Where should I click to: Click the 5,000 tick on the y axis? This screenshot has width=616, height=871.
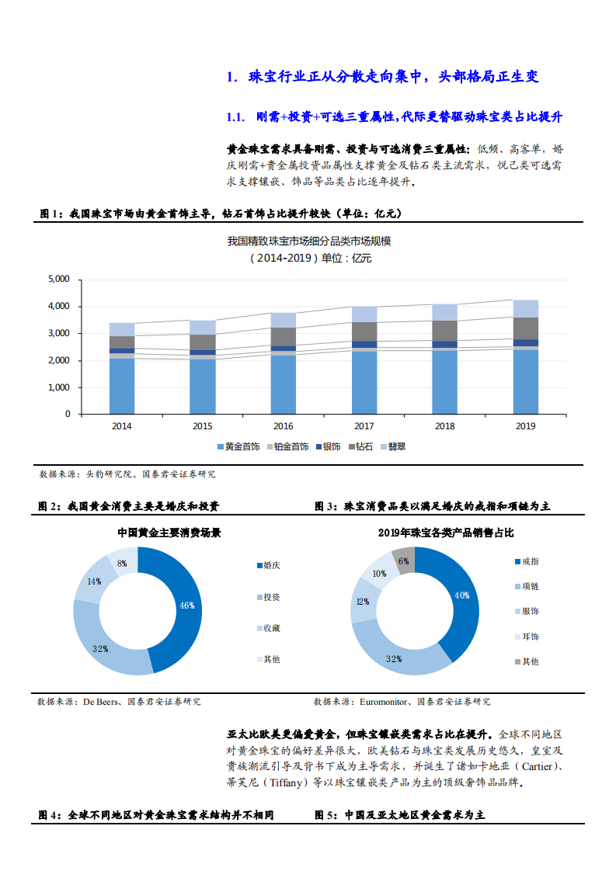click(x=59, y=279)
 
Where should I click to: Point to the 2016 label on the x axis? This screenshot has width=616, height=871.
click(x=284, y=426)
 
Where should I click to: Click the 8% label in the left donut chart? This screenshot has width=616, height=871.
click(x=122, y=564)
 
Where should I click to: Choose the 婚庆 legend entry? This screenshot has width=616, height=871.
click(x=271, y=565)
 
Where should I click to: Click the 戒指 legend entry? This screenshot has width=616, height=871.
click(x=530, y=561)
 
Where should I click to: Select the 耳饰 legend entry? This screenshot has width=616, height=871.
click(x=530, y=637)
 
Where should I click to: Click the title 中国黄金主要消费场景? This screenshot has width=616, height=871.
click(x=169, y=533)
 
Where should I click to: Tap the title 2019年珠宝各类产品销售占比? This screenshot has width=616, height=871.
click(x=446, y=533)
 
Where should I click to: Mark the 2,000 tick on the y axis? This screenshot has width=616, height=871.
click(x=59, y=361)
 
